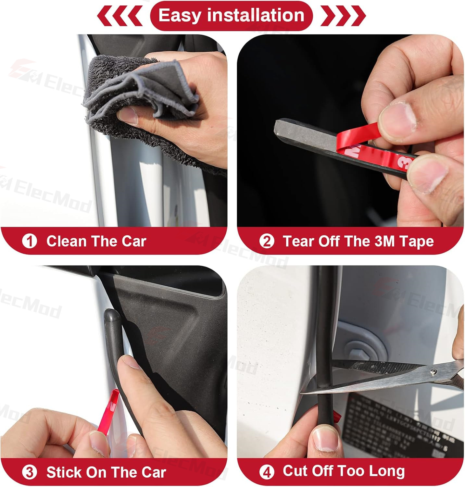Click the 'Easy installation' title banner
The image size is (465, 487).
231,16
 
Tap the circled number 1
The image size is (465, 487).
30,242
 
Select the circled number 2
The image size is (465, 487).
267,242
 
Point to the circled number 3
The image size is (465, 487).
30,472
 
